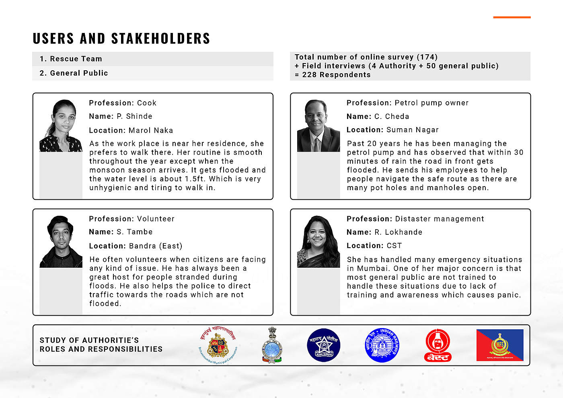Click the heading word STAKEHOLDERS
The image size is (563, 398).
tap(160, 39)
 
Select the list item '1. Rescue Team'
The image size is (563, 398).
tap(71, 59)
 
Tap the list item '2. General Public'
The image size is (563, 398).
tap(74, 73)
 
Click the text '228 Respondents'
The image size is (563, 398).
tap(336, 75)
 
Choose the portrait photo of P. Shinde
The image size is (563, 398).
tap(61, 126)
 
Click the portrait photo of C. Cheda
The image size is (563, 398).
tap(318, 126)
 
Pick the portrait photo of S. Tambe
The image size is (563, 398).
tap(61, 242)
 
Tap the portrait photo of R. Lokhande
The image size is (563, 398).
tap(318, 242)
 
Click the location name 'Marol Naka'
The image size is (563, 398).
tap(151, 130)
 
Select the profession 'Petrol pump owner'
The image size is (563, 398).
tap(431, 103)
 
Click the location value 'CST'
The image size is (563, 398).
tap(394, 246)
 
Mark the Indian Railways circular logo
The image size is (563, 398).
tap(382, 345)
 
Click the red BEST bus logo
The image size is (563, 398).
tap(438, 345)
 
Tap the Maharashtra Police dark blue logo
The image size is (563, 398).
tap(324, 345)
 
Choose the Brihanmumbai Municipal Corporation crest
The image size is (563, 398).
tap(218, 345)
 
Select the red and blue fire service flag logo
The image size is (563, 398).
tap(500, 345)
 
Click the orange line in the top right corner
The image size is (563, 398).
tap(512, 17)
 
